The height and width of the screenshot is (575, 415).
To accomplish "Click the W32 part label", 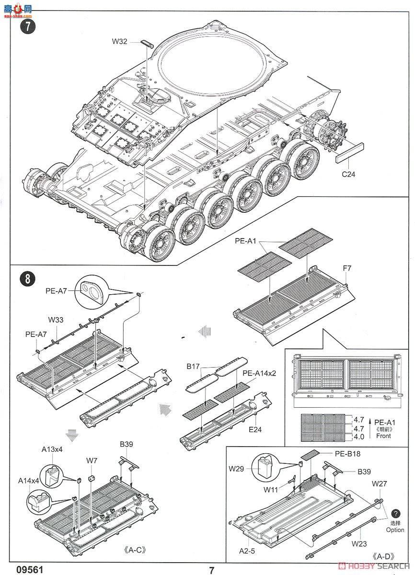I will [119, 42].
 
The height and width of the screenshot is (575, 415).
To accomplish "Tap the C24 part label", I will [348, 174].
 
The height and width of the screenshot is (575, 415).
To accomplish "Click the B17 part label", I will [194, 368].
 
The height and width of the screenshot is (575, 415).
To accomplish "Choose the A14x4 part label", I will [29, 480].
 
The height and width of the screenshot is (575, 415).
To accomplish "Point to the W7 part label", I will [92, 460].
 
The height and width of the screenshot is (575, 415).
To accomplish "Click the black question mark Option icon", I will [396, 513].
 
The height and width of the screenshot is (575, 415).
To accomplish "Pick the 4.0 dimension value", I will [358, 437].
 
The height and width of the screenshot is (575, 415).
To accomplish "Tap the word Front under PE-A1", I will [383, 436].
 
